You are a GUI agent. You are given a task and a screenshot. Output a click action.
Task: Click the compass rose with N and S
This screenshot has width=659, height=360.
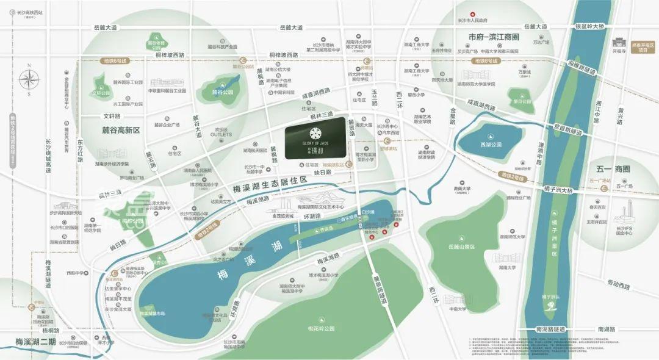[x=29, y=79]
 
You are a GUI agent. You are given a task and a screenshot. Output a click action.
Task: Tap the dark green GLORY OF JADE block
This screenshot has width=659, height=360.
[x=315, y=139]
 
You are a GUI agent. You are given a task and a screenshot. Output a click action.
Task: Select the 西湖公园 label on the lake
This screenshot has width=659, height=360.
[x=491, y=145]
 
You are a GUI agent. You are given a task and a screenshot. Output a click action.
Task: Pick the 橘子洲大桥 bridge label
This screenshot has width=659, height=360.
[x=555, y=190]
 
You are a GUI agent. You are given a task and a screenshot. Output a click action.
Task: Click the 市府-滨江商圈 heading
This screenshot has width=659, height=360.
[x=494, y=37]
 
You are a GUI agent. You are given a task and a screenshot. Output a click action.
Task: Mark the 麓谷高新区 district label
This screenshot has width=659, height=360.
[x=121, y=130]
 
